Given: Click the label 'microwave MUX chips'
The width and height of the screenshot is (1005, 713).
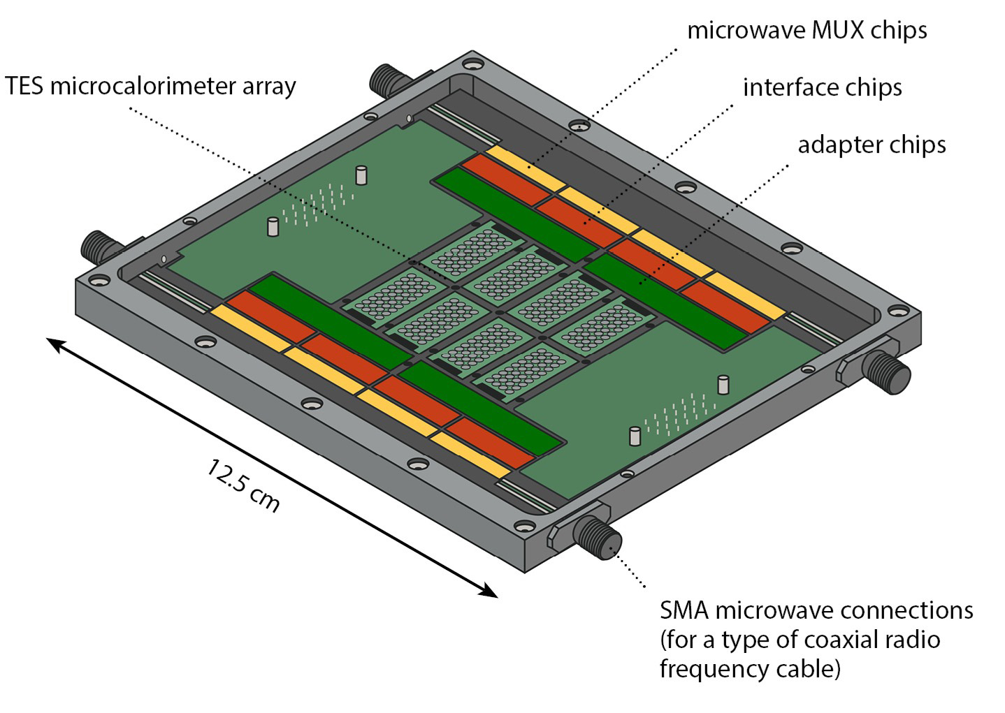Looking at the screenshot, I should [x=807, y=31].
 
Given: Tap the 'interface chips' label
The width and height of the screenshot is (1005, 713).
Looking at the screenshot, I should [x=822, y=88].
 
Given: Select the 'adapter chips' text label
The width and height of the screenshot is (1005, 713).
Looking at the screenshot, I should [x=872, y=145].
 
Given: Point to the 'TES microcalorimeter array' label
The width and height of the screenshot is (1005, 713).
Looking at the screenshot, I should [x=150, y=87].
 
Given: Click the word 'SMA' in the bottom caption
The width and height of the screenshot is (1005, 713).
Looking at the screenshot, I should [x=684, y=610].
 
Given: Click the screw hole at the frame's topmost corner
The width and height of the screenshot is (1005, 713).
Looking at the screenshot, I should [x=473, y=65].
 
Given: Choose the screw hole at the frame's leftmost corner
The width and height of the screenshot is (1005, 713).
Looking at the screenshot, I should [x=99, y=281].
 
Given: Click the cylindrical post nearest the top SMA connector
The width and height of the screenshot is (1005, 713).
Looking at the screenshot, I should [x=361, y=175].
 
